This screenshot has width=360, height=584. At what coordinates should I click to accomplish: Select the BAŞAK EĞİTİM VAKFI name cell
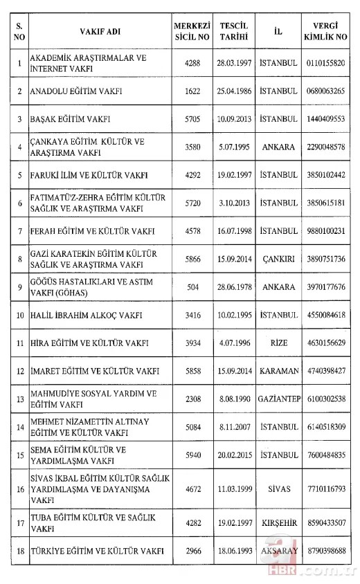[71, 119]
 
